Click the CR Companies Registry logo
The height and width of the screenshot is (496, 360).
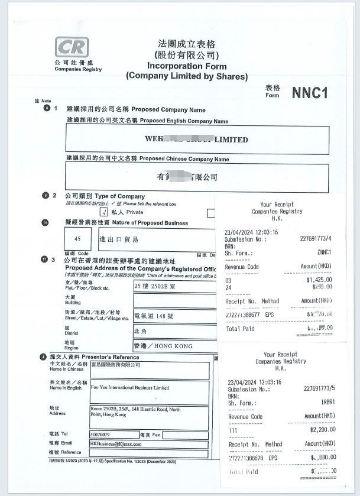[x=72, y=47]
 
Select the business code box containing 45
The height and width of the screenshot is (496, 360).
[x=77, y=239]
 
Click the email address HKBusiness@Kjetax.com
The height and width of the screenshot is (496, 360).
[x=121, y=445]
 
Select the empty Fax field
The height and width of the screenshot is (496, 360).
[x=184, y=435]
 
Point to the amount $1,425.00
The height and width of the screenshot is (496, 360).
[x=318, y=280]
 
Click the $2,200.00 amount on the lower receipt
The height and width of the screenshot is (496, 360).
[x=321, y=429]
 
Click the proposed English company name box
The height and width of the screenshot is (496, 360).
[x=197, y=140]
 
